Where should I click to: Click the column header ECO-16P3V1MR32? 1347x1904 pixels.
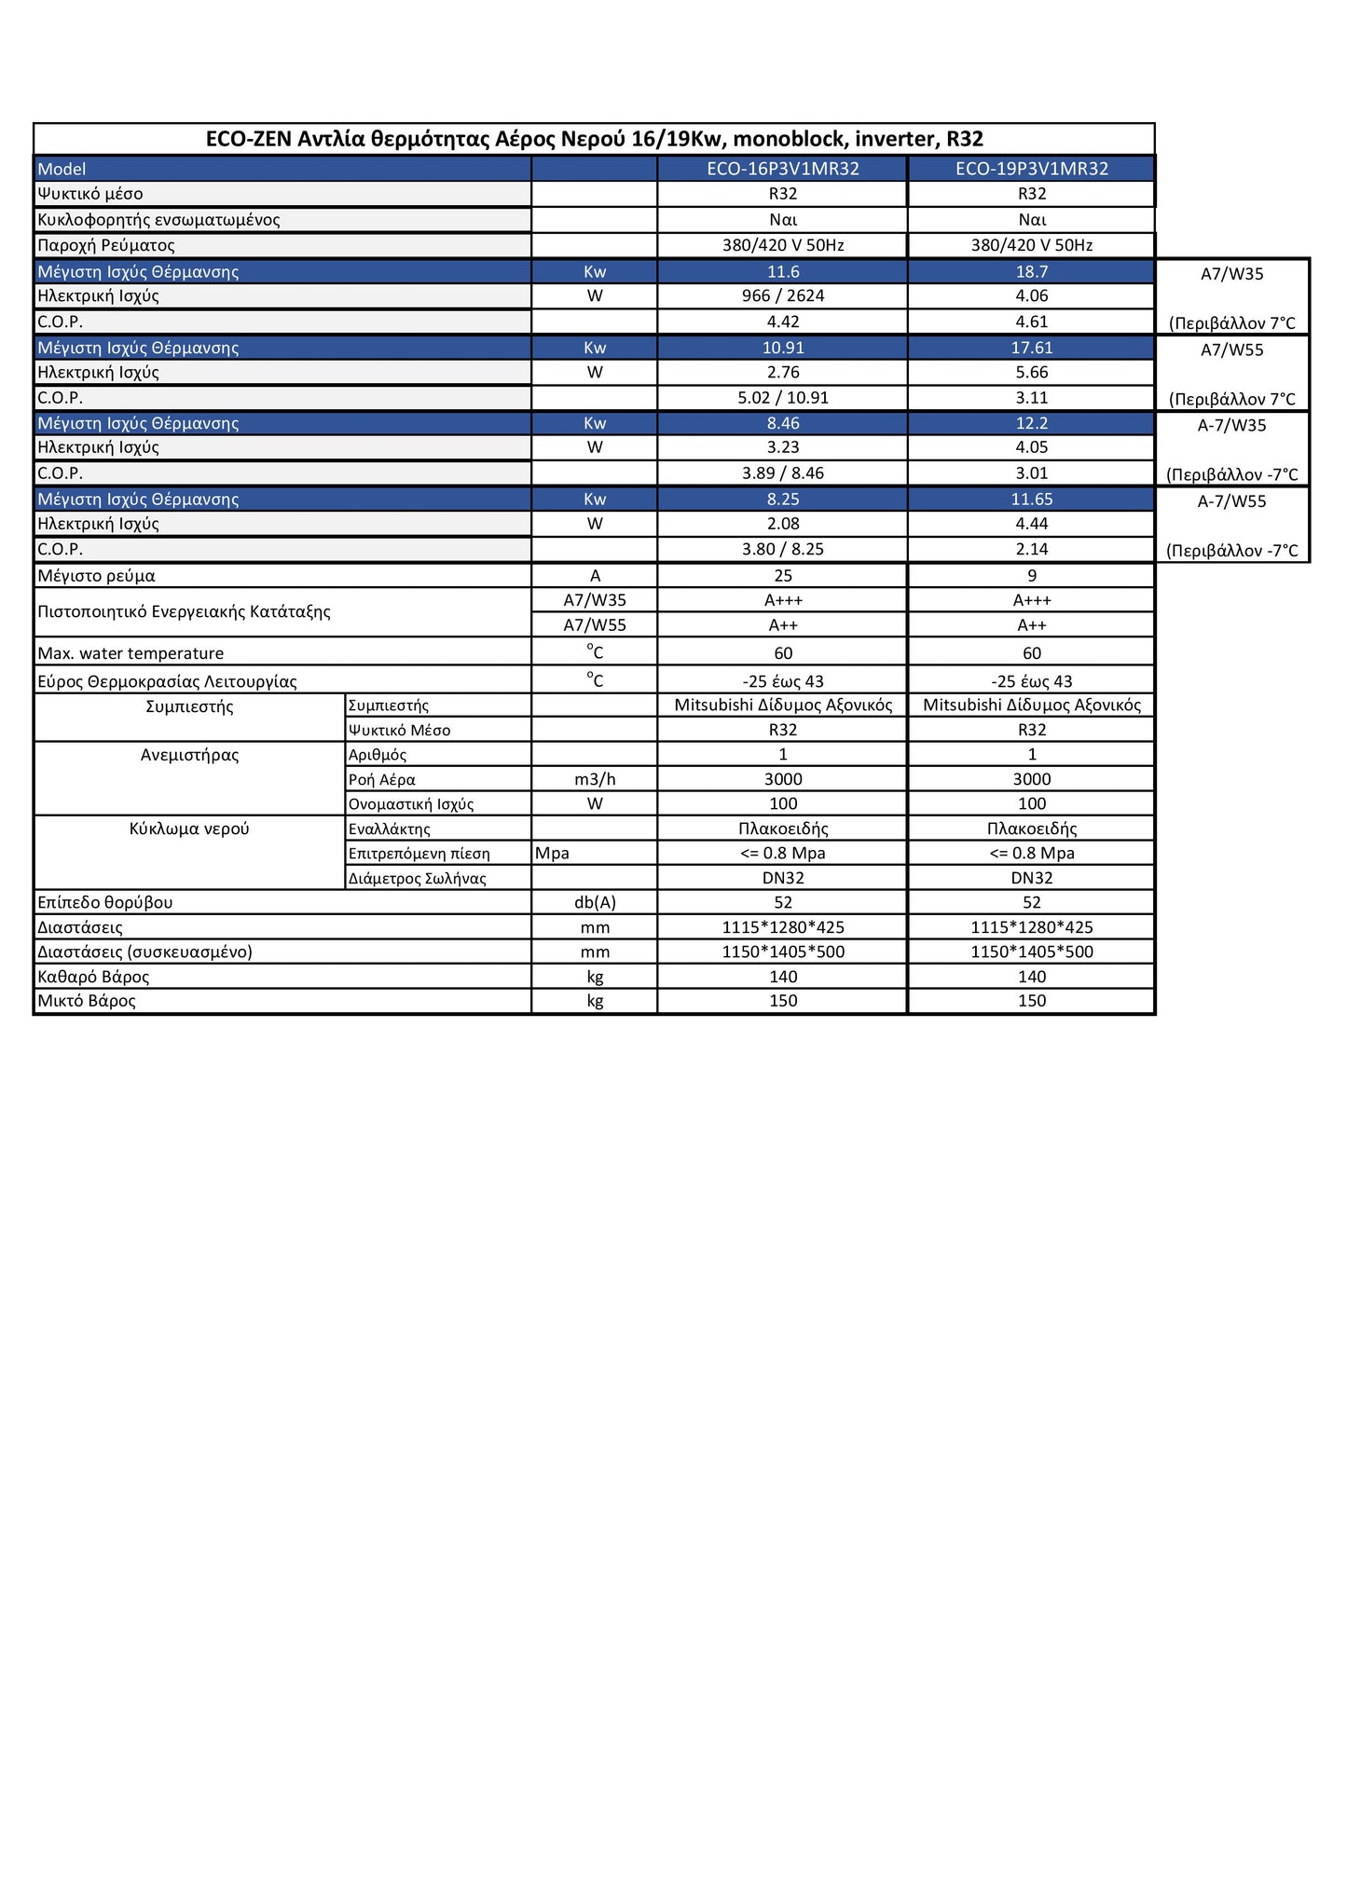tap(782, 169)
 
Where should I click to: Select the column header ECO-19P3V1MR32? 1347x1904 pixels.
tap(1031, 169)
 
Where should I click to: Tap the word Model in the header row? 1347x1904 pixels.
tap(62, 169)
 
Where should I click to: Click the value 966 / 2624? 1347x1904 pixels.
tap(782, 295)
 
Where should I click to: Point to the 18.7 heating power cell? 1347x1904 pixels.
tap(1031, 271)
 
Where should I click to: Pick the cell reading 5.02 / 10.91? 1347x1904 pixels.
tap(782, 397)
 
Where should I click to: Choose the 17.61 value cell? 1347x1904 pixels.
tap(1031, 348)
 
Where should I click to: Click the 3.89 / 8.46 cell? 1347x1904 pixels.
tap(782, 473)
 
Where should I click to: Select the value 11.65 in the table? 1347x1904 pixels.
tap(1031, 499)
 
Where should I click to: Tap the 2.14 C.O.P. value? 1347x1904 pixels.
tap(1031, 549)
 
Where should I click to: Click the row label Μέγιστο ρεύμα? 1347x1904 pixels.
tap(96, 576)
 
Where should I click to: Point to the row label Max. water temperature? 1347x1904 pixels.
tap(130, 653)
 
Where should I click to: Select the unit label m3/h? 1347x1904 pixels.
tap(595, 779)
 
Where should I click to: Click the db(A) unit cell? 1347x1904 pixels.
tap(595, 902)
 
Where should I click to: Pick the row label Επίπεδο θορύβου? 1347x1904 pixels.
tap(104, 902)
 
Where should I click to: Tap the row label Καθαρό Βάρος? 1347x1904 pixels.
tap(93, 977)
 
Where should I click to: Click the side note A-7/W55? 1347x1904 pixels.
tap(1231, 500)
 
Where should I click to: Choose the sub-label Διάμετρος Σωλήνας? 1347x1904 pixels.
tap(417, 878)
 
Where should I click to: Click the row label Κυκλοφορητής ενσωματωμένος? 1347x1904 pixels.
tap(158, 220)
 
